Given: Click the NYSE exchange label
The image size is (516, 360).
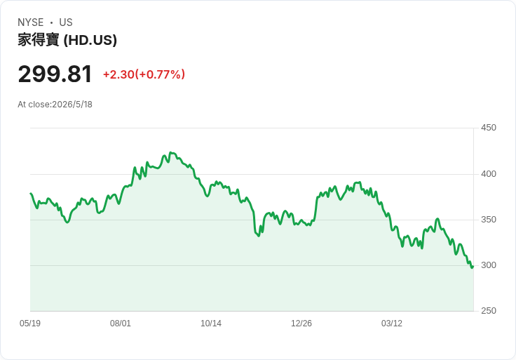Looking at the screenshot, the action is [31, 22].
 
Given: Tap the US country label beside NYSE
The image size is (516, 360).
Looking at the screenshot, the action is [66, 22].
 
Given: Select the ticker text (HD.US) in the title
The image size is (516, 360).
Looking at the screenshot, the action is [90, 40].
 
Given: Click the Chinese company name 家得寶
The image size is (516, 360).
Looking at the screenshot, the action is [39, 40].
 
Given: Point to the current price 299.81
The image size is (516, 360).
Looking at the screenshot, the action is [55, 74].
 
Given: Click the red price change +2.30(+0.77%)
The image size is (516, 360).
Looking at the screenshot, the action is [144, 74].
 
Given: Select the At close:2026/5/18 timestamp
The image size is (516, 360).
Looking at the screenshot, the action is [55, 105].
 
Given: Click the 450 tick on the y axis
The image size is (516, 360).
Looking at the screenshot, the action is [489, 128].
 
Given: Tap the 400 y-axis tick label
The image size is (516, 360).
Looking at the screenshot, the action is [489, 173].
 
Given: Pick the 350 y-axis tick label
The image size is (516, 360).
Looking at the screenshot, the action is [489, 220].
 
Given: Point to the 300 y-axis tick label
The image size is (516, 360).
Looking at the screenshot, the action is [489, 265].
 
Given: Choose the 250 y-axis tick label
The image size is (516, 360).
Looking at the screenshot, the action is [489, 310].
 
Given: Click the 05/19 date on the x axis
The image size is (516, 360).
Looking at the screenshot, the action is [30, 323].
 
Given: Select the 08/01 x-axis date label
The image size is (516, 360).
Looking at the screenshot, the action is [121, 323].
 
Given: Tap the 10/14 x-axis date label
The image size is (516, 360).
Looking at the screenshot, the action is [211, 323].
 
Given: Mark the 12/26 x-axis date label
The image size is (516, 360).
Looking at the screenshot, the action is [301, 323].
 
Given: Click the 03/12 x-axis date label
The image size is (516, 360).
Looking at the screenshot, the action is [392, 323].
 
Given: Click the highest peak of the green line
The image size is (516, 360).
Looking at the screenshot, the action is [170, 152].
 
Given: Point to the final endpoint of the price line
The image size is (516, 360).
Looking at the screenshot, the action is [473, 267].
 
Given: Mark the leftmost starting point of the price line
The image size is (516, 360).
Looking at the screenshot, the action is [31, 194].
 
